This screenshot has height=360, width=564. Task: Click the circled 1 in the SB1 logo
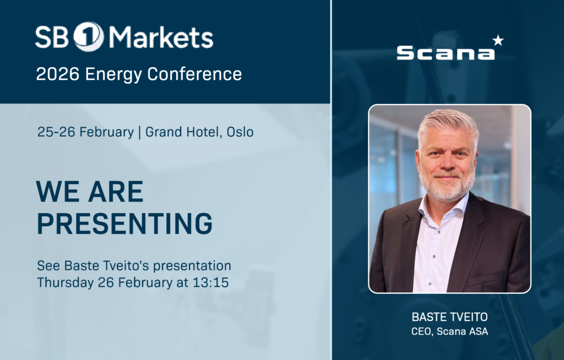click(88, 37)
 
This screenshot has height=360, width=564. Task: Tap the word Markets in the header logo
click(161, 37)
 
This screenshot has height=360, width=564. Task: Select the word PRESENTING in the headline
click(124, 223)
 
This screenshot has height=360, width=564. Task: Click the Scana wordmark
click(445, 53)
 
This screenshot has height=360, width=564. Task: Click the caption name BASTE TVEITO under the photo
click(449, 318)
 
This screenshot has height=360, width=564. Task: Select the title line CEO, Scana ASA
click(449, 331)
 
